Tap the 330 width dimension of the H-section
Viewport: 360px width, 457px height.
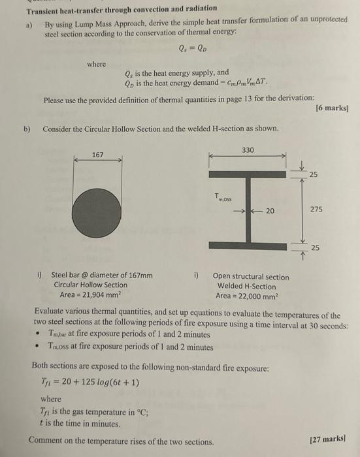click(x=248, y=150)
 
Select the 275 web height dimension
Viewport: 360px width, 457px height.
click(x=316, y=210)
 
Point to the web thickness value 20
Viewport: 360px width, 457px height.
click(x=270, y=210)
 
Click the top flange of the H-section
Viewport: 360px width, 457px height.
click(x=248, y=174)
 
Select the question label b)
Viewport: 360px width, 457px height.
click(x=28, y=129)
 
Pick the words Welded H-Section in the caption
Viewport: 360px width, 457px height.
click(x=246, y=285)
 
